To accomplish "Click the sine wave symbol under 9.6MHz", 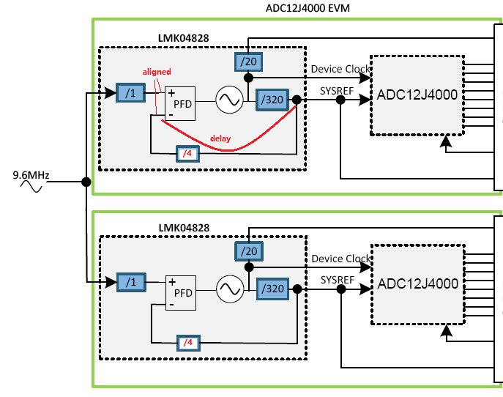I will pyautogui.click(x=30, y=187).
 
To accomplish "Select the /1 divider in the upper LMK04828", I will pyautogui.click(x=131, y=93).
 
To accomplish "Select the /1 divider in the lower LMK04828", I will pyautogui.click(x=131, y=281).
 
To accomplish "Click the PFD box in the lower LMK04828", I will pyautogui.click(x=179, y=291).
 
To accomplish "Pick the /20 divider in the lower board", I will pyautogui.click(x=247, y=251).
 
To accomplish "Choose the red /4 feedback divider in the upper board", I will pyautogui.click(x=187, y=153).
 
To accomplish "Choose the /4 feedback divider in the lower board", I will pyautogui.click(x=187, y=342).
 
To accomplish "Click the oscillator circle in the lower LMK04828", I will pyautogui.click(x=228, y=290).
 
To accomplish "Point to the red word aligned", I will pyautogui.click(x=157, y=72).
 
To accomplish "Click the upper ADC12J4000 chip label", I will pyautogui.click(x=417, y=94).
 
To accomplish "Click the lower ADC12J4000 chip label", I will pyautogui.click(x=417, y=283).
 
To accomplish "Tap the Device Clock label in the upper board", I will pyautogui.click(x=340, y=69).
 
